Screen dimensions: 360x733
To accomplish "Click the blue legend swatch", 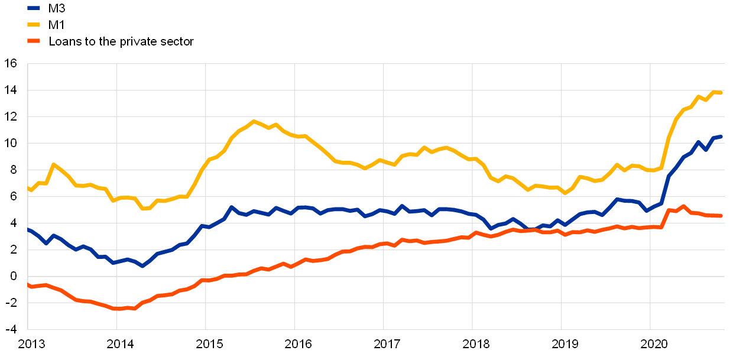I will (x=34, y=8).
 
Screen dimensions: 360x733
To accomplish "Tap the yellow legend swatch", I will (x=34, y=25).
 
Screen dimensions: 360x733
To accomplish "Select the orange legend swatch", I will (x=34, y=41).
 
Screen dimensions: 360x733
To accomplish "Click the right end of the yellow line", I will (x=721, y=92).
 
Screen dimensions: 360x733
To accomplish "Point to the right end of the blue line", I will (x=721, y=137).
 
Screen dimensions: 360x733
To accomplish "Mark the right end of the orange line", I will (x=721, y=216).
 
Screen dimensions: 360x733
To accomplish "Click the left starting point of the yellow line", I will (x=28, y=188).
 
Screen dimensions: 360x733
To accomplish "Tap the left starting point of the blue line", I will (x=28, y=229).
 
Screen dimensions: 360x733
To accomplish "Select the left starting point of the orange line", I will (x=28, y=284).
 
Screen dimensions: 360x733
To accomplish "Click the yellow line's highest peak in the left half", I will (x=254, y=121).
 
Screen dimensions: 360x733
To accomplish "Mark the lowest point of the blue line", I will (x=142, y=266).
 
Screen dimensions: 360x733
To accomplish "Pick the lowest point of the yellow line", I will (x=144, y=209).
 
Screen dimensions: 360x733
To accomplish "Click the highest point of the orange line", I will (x=684, y=206).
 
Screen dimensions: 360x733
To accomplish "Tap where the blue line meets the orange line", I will (x=532, y=229).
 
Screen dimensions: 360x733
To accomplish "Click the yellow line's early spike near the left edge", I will (x=53, y=164).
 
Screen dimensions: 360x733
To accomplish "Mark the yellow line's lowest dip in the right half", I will (x=565, y=193).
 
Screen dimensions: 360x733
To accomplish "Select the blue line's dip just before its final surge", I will (x=647, y=210).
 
